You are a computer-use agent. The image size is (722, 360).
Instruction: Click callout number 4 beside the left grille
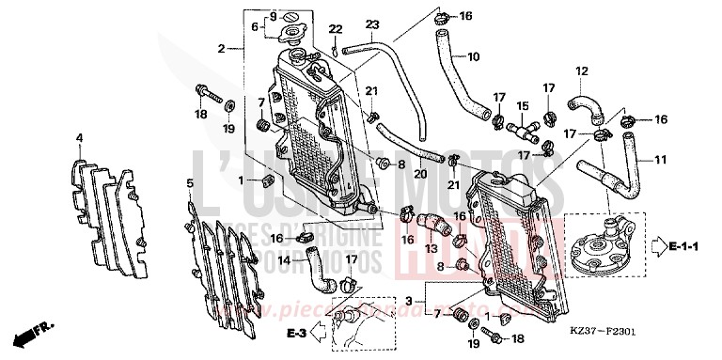(80, 139)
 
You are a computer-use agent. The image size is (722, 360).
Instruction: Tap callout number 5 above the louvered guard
(190, 182)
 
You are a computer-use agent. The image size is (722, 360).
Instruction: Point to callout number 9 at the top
(273, 17)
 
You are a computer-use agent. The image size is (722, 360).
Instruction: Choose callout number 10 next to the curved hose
(473, 56)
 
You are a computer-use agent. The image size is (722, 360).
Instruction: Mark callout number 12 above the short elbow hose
(582, 70)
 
